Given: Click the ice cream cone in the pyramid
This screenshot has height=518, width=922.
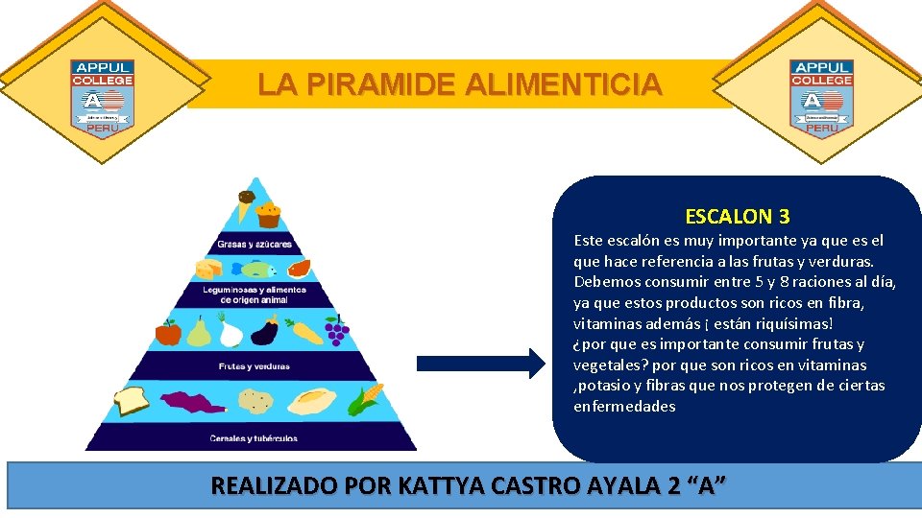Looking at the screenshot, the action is click(x=246, y=206).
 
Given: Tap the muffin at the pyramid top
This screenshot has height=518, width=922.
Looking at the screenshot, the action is click(x=268, y=214).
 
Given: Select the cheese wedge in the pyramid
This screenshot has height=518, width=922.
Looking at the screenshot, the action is click(x=209, y=269).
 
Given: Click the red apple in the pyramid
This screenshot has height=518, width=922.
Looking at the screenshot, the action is click(x=169, y=332).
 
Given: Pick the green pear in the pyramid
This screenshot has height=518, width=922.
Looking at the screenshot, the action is click(x=199, y=332).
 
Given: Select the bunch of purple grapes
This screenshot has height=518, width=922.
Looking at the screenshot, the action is click(x=336, y=332).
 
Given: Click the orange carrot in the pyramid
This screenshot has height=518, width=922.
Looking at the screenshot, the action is click(x=305, y=332).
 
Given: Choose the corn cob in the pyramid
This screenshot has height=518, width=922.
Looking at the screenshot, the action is click(x=365, y=398).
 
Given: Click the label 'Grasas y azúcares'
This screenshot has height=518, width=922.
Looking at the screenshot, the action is click(x=254, y=244).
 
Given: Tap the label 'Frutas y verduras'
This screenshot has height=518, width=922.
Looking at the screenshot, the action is click(x=254, y=366).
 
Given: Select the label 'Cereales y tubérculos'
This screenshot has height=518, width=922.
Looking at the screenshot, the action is click(x=254, y=438).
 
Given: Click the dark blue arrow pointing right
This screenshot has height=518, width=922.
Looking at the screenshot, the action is click(x=479, y=363).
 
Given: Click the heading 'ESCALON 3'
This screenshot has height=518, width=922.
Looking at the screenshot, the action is click(x=737, y=217).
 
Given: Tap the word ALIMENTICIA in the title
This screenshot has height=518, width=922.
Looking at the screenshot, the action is click(x=563, y=85).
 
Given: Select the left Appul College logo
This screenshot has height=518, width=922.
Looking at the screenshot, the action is click(x=102, y=98).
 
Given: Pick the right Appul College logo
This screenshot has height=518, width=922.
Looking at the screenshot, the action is click(x=820, y=98).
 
